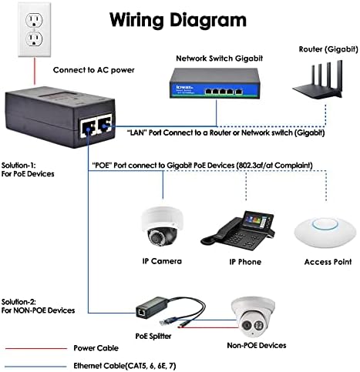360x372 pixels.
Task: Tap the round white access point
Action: tap(321, 231)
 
